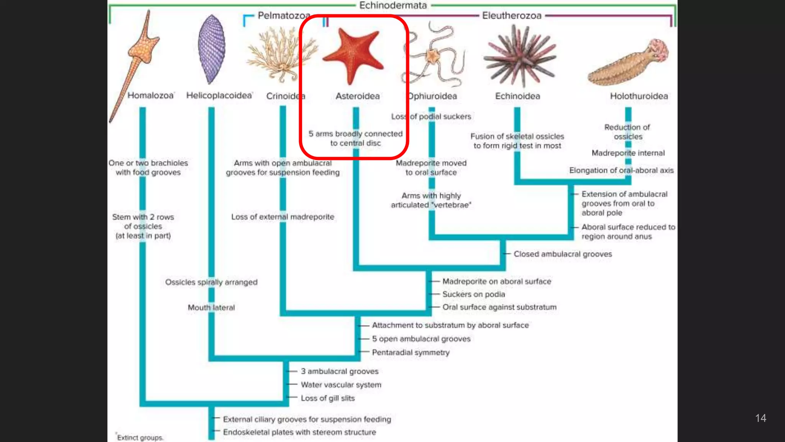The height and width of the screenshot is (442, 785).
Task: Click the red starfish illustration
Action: pos(353,56)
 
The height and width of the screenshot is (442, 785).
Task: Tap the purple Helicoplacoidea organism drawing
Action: pos(211,49)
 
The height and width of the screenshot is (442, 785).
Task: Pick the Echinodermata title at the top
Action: pos(393,5)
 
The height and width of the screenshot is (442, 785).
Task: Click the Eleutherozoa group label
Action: pos(512,16)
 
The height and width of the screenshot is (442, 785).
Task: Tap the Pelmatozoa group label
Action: pos(284,16)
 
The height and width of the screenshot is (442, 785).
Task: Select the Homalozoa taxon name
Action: pos(150,96)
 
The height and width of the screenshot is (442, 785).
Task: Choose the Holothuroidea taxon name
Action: pos(639,96)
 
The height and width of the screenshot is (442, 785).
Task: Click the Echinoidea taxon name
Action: pos(517,96)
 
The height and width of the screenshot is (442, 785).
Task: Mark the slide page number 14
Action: pos(760,418)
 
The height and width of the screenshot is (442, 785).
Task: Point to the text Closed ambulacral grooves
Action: pos(563,254)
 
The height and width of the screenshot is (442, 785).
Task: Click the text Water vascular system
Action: pos(341,385)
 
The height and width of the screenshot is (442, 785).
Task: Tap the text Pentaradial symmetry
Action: pos(411,352)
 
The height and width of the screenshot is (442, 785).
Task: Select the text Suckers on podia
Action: pos(473,294)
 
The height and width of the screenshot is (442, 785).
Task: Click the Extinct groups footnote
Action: pos(140,438)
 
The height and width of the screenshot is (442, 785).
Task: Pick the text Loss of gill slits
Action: pos(328,398)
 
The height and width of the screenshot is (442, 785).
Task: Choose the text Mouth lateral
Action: pos(211,308)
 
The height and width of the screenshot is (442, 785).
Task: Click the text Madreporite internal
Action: pos(628,153)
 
